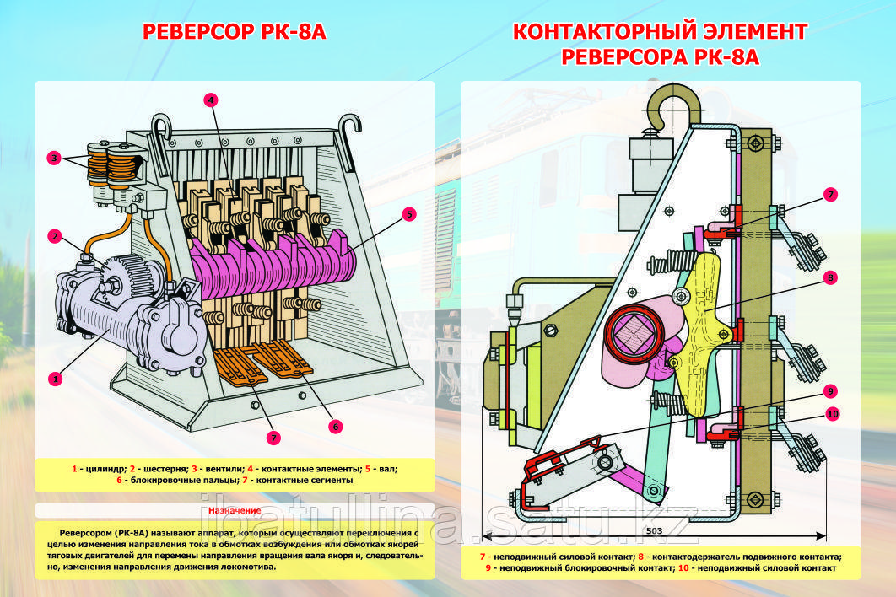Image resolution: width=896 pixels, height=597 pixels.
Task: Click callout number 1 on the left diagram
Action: coord(56,379)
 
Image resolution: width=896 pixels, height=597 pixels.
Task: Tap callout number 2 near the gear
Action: coord(55,236)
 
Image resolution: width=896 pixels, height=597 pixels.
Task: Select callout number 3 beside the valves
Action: coord(54,158)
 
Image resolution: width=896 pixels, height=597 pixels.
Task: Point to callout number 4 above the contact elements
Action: coord(211,99)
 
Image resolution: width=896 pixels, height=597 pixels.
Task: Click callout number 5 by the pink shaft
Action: coord(408,214)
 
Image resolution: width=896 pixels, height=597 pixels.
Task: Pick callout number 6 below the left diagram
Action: coord(336,427)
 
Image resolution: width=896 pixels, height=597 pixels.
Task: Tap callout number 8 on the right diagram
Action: coord(830,277)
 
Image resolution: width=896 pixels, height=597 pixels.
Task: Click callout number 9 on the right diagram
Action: coord(830,391)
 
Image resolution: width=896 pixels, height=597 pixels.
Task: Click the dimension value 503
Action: coord(655,531)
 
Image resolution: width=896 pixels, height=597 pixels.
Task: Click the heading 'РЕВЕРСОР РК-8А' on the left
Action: coord(234,32)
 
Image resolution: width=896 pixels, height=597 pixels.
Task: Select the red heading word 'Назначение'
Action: coord(230,511)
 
